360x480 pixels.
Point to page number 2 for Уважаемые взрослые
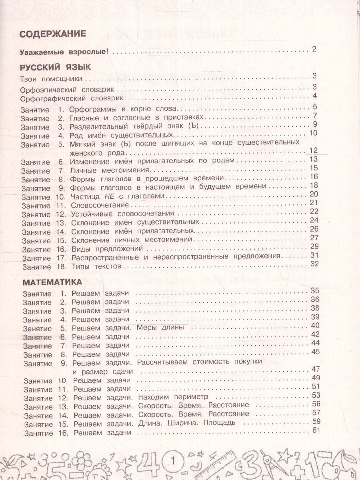(x=314, y=50)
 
